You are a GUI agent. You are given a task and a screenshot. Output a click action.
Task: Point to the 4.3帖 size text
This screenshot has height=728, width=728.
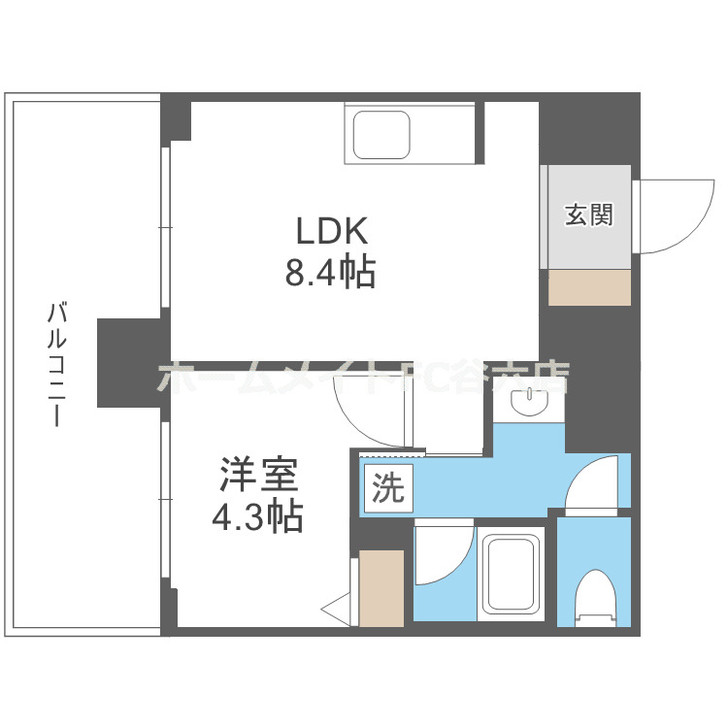(x=258, y=515)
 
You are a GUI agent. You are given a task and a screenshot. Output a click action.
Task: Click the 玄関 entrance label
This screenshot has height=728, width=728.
(x=589, y=215)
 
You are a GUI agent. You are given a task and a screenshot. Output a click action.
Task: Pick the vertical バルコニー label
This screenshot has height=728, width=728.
(x=56, y=365)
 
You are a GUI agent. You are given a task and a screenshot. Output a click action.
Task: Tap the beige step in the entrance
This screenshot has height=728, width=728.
(x=589, y=288)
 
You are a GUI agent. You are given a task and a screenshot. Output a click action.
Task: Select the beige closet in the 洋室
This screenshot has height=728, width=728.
(x=381, y=587)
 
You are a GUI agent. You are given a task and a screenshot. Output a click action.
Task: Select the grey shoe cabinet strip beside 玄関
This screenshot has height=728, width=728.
(x=545, y=215)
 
